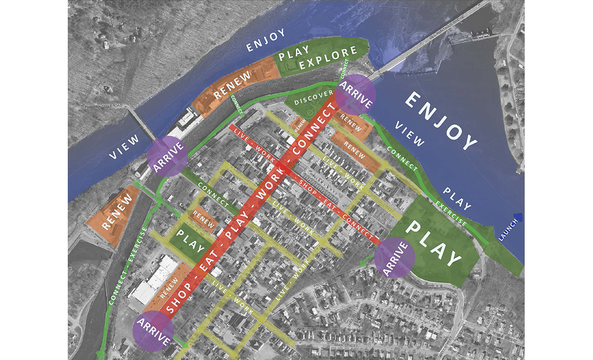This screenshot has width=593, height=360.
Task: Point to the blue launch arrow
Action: click(x=518, y=217)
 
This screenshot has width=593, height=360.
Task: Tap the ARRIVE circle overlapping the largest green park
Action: click(x=394, y=258)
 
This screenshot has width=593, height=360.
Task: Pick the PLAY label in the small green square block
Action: click(x=190, y=240)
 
